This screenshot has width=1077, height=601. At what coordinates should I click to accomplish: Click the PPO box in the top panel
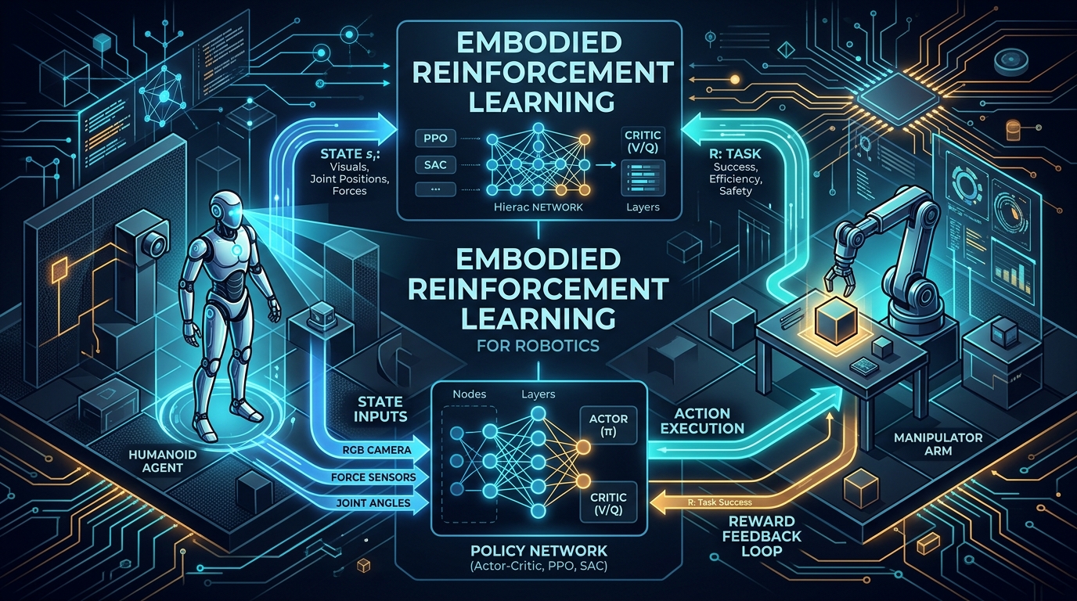point(436,139)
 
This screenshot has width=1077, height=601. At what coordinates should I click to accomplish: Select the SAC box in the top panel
point(436,165)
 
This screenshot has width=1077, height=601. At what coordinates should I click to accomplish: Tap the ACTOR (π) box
point(608,425)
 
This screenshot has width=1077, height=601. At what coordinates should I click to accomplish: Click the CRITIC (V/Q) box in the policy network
point(608,503)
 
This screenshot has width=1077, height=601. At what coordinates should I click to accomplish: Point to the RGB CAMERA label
point(377,450)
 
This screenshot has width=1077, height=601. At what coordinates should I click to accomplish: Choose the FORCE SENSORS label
point(373,477)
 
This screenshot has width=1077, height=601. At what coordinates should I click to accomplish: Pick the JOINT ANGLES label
point(373,503)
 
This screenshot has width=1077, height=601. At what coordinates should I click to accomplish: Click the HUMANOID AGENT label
point(163,461)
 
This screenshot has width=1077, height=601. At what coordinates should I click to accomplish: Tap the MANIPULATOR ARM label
point(938,444)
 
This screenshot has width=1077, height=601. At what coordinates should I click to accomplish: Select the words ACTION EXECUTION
point(702,421)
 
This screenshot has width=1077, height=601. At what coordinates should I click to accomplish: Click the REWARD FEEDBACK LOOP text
point(761,535)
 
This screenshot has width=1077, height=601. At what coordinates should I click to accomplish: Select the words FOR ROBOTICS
point(538,346)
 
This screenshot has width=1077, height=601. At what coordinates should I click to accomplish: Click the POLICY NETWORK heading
point(538,551)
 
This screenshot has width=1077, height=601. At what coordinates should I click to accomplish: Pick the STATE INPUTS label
point(380,408)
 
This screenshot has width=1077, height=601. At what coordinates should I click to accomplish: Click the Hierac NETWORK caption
point(538,207)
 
